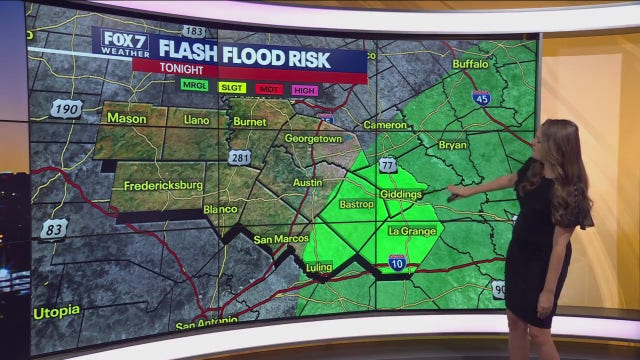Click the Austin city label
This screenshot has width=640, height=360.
[x=309, y=183]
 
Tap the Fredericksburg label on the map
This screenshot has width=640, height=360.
[x=156, y=187]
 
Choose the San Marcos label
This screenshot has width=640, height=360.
[x=277, y=240]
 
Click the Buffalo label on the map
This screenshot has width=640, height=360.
[x=470, y=64]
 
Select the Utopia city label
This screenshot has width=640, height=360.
[x=56, y=312]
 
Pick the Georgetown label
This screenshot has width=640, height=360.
[x=313, y=137]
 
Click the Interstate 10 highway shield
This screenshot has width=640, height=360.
[x=397, y=262]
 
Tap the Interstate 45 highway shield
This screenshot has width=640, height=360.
[x=481, y=98]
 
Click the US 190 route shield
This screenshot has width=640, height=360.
[x=67, y=108]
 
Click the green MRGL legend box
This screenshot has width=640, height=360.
[x=194, y=87]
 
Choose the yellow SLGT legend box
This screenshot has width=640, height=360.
[x=231, y=87]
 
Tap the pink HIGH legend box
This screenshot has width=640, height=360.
[x=305, y=88]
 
